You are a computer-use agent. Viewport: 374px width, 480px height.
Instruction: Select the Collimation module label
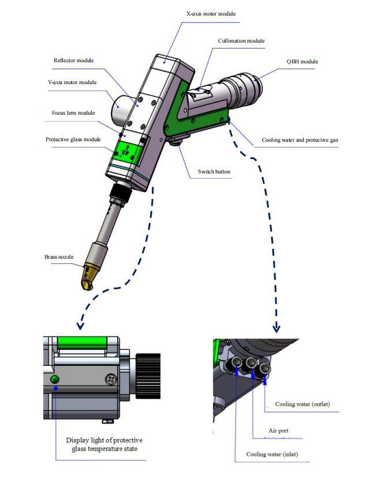point(241,41)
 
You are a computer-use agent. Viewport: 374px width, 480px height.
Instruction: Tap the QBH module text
point(302,62)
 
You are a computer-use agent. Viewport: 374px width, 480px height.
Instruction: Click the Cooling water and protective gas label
point(300,140)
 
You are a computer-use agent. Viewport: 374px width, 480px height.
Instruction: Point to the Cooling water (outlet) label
point(302,404)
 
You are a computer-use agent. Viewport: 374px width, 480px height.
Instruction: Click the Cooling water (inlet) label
point(272,454)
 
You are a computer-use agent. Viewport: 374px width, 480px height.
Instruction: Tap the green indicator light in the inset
point(55,379)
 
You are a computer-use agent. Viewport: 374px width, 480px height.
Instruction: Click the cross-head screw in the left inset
point(110,379)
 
